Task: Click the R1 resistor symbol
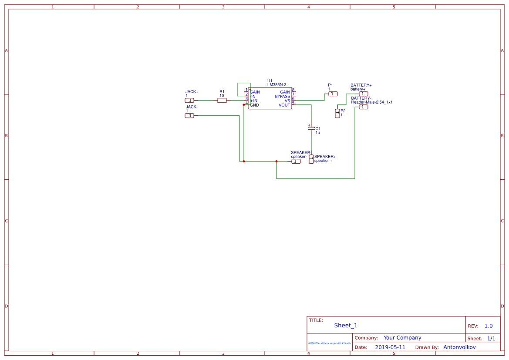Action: point(222,100)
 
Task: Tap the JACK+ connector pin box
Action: point(189,100)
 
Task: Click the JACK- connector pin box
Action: point(189,115)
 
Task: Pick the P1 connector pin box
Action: point(333,94)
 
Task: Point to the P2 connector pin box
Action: point(337,113)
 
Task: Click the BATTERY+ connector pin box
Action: point(363,94)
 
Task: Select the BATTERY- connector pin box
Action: point(363,107)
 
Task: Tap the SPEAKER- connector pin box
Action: point(296,161)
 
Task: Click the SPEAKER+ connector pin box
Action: point(311,159)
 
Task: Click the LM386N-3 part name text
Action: point(276,84)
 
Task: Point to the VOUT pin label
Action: point(284,105)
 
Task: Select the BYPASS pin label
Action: point(282,96)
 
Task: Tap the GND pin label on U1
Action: point(254,105)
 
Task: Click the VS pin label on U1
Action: point(287,101)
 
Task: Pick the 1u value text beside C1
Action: point(318,132)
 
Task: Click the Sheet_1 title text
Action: point(346,325)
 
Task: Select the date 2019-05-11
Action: point(390,347)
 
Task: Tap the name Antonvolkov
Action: point(459,347)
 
